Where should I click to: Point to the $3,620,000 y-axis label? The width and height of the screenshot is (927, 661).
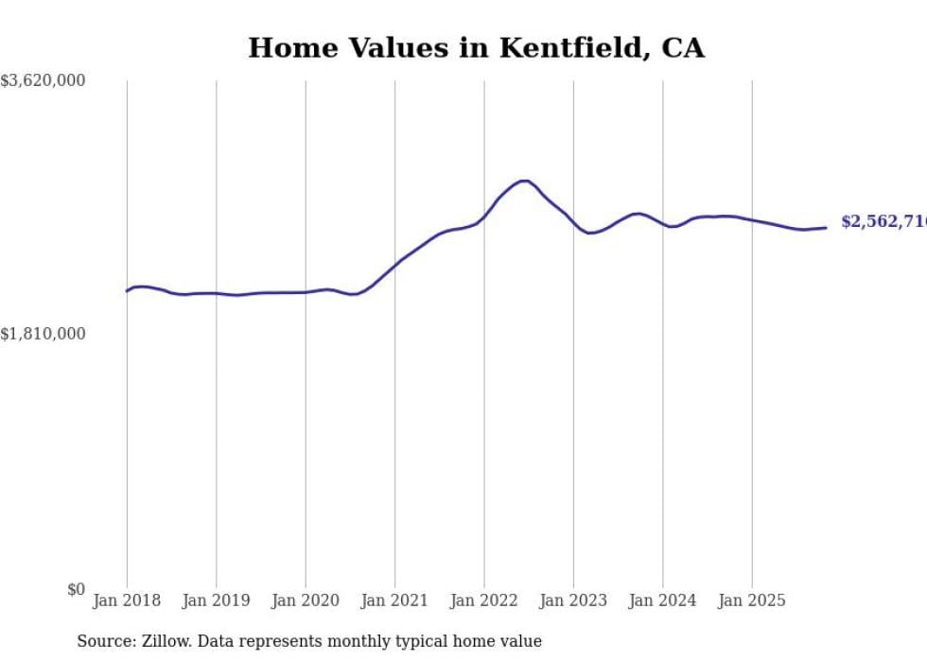click(x=44, y=81)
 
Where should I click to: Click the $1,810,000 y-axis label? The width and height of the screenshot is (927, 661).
click(x=44, y=334)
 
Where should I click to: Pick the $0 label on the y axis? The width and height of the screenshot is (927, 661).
click(x=76, y=589)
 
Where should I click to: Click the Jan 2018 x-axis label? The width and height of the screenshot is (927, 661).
click(x=127, y=600)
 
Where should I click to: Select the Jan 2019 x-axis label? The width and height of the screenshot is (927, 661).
click(x=216, y=600)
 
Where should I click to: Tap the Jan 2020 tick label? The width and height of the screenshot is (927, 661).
click(x=306, y=600)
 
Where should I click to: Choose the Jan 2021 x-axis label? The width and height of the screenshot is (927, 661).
click(x=394, y=600)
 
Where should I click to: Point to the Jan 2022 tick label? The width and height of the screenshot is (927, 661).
click(x=484, y=600)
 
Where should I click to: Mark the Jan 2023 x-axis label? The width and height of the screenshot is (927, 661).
click(x=573, y=600)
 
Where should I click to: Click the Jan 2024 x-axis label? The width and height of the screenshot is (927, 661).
click(x=662, y=600)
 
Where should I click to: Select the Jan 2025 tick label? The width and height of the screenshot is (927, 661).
click(x=752, y=600)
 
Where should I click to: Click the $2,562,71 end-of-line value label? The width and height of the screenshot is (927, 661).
click(x=883, y=221)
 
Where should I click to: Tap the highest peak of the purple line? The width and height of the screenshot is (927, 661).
click(x=523, y=181)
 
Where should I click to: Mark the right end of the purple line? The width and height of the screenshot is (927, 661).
click(x=826, y=227)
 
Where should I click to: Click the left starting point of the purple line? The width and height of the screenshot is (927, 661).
click(x=127, y=290)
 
